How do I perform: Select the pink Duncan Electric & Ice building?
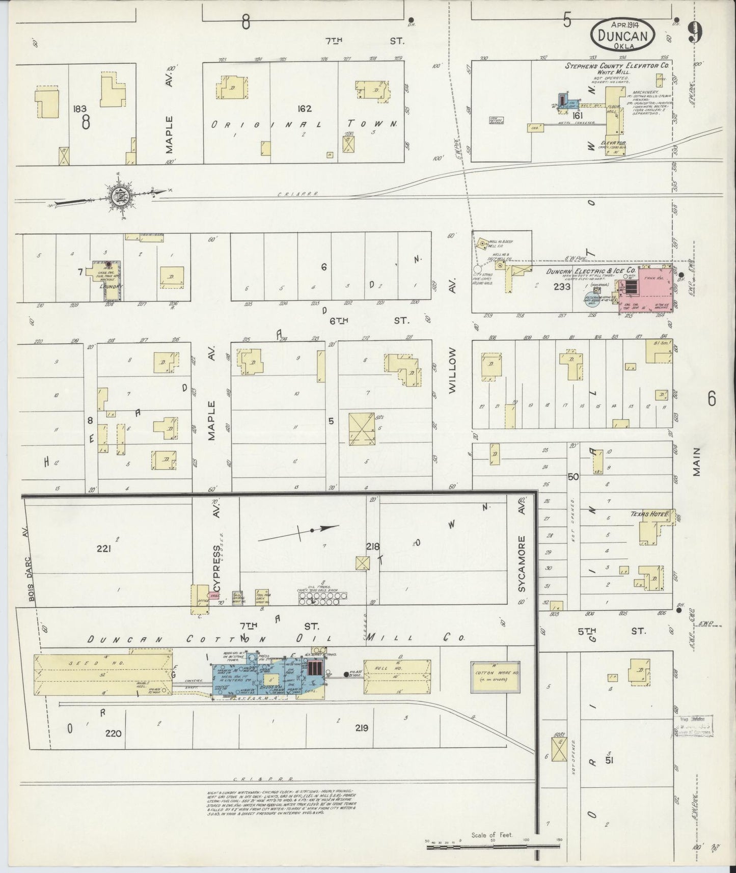click(644, 288)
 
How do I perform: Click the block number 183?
click(80, 108)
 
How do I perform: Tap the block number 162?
click(305, 108)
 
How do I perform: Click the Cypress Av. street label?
click(216, 558)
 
